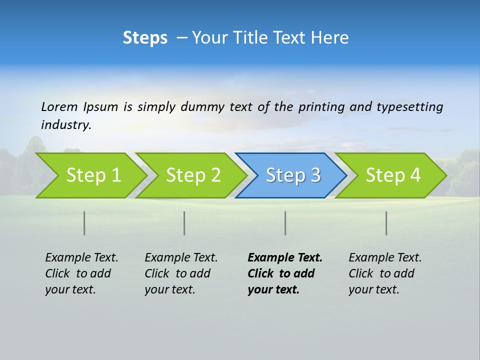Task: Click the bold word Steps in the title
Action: [145, 38]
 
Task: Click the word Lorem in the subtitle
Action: [59, 107]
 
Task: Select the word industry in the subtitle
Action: [66, 125]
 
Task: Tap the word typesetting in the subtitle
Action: [409, 107]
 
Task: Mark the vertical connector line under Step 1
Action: [84, 223]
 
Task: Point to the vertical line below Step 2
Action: [184, 223]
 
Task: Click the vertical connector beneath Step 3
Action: [285, 223]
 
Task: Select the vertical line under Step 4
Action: [386, 223]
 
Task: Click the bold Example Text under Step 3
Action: [285, 258]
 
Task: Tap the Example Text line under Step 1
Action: [81, 258]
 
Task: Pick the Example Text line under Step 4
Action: [385, 258]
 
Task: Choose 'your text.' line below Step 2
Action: [169, 289]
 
